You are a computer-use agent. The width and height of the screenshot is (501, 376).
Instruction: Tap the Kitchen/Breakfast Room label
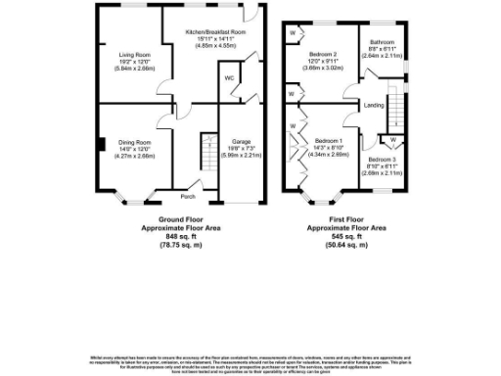215,32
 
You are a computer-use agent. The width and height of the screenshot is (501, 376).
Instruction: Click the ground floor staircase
206,152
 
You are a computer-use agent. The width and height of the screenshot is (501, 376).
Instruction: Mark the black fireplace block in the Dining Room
100,147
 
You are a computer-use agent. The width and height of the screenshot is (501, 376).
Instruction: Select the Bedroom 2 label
323,54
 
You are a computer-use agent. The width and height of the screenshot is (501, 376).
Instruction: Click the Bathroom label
382,43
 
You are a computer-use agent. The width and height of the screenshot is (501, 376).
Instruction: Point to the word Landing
373,104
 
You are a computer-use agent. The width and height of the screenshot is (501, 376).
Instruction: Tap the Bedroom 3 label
383,159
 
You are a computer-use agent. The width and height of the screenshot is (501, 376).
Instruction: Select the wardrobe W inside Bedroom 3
392,140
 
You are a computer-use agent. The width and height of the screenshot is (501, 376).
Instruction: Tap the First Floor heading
346,219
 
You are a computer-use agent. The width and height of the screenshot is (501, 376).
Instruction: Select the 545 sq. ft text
346,236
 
